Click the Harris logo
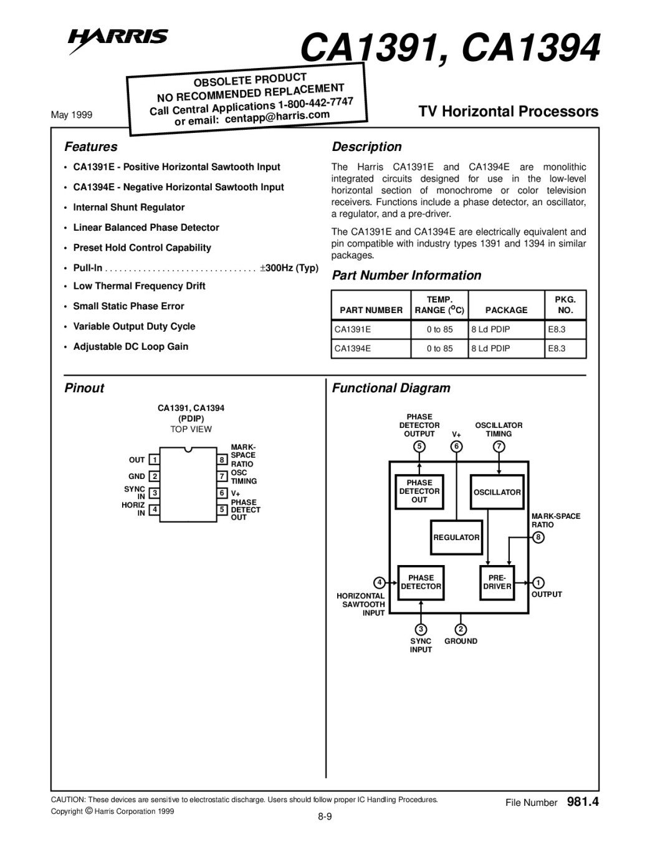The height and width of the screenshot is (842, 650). (118, 41)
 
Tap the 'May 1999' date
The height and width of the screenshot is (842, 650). (72, 115)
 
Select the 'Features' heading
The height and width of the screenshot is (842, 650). (90, 147)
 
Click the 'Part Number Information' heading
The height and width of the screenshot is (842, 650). (406, 276)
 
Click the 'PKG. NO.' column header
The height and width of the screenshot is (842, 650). (565, 304)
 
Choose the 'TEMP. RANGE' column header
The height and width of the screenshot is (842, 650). (439, 304)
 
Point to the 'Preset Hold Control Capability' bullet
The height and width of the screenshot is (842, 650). (142, 248)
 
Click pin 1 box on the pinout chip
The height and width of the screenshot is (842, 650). (155, 460)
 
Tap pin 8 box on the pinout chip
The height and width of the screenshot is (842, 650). (222, 460)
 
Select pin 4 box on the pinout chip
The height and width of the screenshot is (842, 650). (155, 509)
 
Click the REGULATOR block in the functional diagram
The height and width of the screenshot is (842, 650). (456, 537)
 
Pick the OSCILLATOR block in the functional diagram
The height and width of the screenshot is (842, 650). (497, 491)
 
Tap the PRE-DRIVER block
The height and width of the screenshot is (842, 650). (497, 583)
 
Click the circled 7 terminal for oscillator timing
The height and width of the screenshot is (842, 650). (499, 447)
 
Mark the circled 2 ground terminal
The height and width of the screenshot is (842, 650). (461, 629)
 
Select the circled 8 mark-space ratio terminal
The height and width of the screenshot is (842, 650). (538, 537)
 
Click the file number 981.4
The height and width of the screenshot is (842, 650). (583, 801)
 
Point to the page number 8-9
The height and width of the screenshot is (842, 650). (325, 816)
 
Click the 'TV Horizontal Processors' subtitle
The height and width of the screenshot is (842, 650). (509, 111)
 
